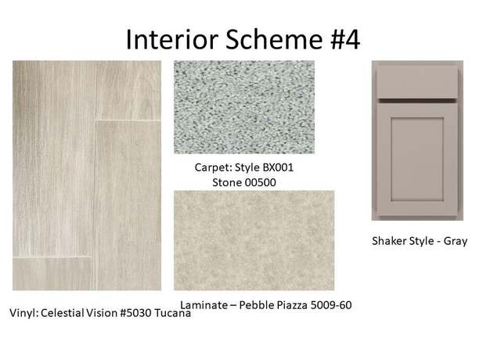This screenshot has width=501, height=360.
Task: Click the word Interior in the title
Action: tap(172, 39)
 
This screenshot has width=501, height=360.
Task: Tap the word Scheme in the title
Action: tap(274, 39)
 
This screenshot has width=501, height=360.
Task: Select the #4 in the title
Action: tap(344, 39)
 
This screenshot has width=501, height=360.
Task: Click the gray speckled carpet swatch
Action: tap(244, 107)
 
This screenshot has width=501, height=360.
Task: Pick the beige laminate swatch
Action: tap(254, 240)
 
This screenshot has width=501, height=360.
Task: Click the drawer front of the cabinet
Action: tap(417, 82)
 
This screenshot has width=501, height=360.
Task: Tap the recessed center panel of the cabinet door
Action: tap(417, 160)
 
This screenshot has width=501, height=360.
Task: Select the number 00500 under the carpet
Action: tap(260, 182)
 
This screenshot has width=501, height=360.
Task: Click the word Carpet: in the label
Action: tap(213, 167)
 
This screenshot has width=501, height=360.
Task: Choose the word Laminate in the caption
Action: tap(204, 305)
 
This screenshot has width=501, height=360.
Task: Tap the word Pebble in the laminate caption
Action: tap(254, 305)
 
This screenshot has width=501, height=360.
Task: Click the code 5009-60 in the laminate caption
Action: tap(331, 305)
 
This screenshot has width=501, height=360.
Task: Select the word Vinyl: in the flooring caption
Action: tap(23, 313)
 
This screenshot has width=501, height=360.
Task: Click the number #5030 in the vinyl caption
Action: tap(135, 313)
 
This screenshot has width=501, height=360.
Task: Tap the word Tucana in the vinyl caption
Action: tap(172, 313)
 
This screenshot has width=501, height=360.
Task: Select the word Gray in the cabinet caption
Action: tap(456, 241)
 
